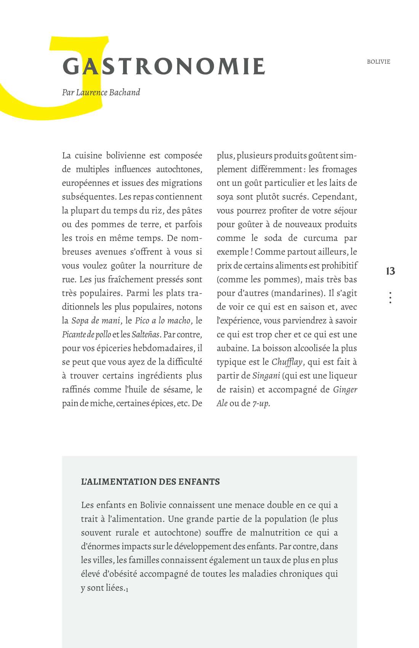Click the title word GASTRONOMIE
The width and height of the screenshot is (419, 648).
[164, 66]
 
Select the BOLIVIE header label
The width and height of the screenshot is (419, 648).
[378, 62]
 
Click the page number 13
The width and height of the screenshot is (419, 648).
[390, 271]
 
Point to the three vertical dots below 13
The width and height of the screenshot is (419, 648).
[390, 297]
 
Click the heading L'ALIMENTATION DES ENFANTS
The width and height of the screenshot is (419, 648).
[150, 481]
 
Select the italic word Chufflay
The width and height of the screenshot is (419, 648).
[287, 362]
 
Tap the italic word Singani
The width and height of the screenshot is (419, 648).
[266, 375]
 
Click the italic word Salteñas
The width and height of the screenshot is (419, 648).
[146, 334]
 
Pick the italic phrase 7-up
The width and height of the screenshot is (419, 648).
[261, 403]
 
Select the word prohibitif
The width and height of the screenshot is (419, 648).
[338, 265]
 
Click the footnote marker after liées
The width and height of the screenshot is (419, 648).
[127, 590]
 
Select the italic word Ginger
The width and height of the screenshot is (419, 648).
[345, 389]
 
